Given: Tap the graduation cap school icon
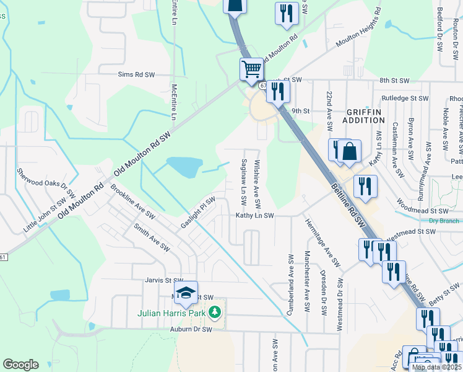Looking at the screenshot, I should [184, 294].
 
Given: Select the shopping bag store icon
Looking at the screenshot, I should [349, 152].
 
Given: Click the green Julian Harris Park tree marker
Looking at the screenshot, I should [215, 311].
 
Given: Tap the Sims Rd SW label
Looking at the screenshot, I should [136, 75].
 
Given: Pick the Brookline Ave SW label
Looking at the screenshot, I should [135, 201].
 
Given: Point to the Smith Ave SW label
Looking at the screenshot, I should [152, 237].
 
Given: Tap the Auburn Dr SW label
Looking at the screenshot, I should [191, 329].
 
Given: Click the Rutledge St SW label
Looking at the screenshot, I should [405, 98].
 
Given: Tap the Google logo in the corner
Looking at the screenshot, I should [20, 365].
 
